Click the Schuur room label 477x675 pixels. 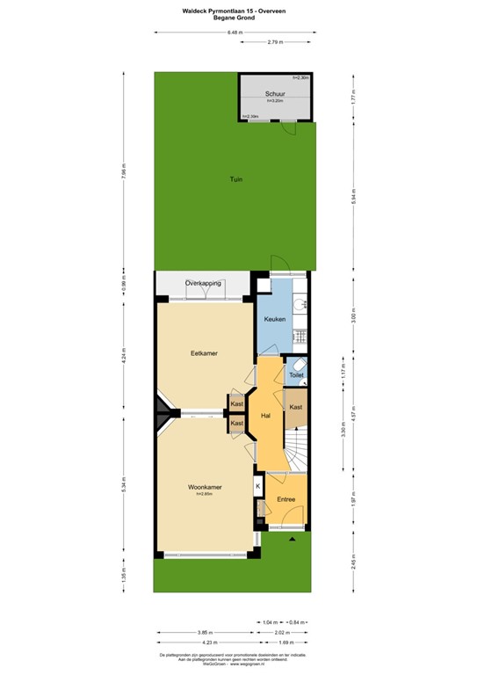click(x=275, y=93)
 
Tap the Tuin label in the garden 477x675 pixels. click(x=235, y=179)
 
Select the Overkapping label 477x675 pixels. click(x=203, y=282)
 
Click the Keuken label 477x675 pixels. click(x=274, y=319)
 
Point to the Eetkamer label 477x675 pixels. click(x=204, y=353)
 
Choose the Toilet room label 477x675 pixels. click(x=296, y=375)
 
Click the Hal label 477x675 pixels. click(x=265, y=416)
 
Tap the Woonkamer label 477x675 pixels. click(x=204, y=486)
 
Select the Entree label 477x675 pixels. click(x=286, y=499)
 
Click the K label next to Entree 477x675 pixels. click(x=258, y=485)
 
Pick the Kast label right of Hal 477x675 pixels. click(x=296, y=407)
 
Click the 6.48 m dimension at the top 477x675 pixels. click(x=234, y=33)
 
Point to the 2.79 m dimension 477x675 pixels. click(x=276, y=42)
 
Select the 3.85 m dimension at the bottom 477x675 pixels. click(x=202, y=631)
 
